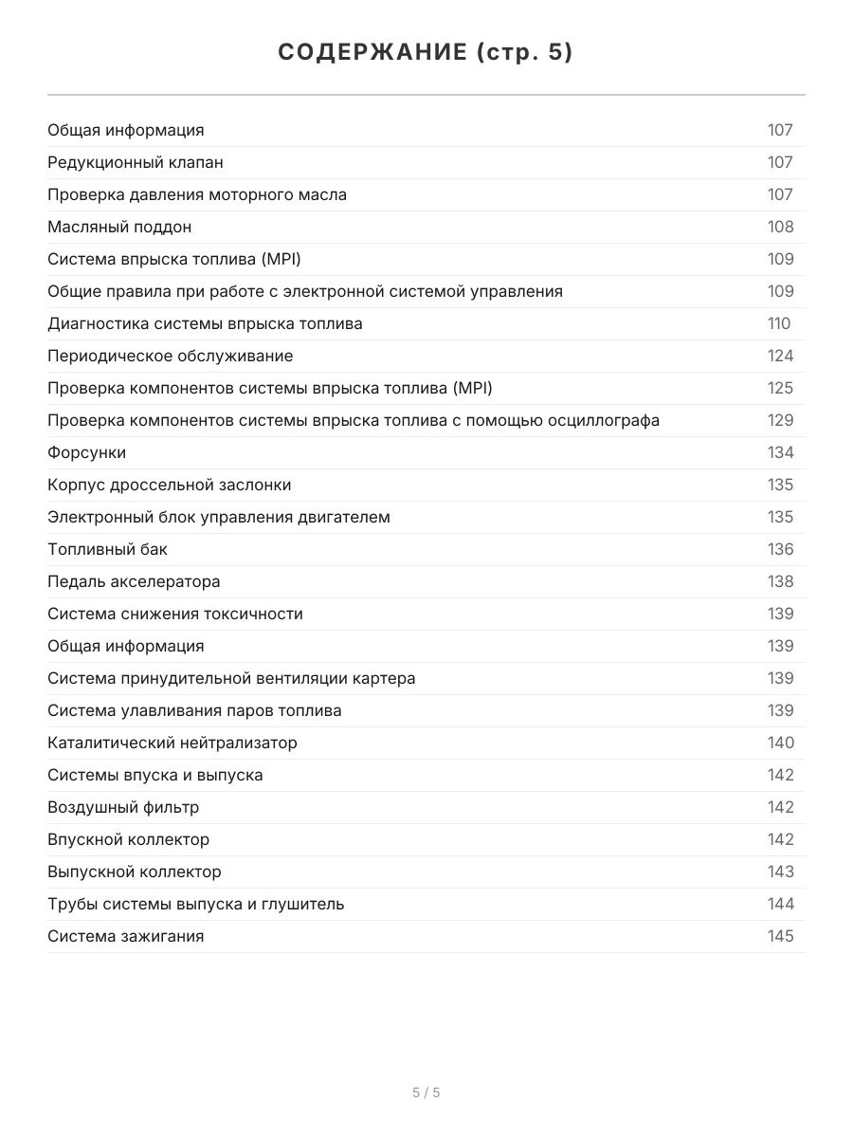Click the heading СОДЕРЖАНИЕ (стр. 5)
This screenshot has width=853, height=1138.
click(x=426, y=53)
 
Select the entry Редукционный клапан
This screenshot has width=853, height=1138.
click(x=136, y=162)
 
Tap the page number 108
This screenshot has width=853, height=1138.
click(x=780, y=227)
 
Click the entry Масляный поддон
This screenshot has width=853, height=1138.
click(x=119, y=227)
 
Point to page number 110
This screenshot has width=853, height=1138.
click(x=778, y=323)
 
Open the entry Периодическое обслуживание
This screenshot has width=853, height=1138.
click(x=171, y=356)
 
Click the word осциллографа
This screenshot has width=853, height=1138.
click(x=604, y=420)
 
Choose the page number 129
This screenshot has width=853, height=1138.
click(x=780, y=420)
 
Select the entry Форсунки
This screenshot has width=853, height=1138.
click(x=87, y=452)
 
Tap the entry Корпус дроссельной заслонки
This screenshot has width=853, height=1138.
click(x=170, y=485)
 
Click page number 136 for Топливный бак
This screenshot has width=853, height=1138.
click(x=780, y=549)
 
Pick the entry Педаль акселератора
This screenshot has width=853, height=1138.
click(x=134, y=581)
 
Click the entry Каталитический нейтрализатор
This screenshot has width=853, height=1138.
click(x=172, y=743)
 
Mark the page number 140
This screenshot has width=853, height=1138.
click(x=780, y=743)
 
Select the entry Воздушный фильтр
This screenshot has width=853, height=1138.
click(x=123, y=807)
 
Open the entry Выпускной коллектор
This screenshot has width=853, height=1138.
click(x=135, y=872)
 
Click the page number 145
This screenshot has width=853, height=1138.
click(x=780, y=936)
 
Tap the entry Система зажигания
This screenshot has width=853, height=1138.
click(x=126, y=936)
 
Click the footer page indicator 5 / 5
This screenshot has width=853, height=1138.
click(x=426, y=1092)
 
